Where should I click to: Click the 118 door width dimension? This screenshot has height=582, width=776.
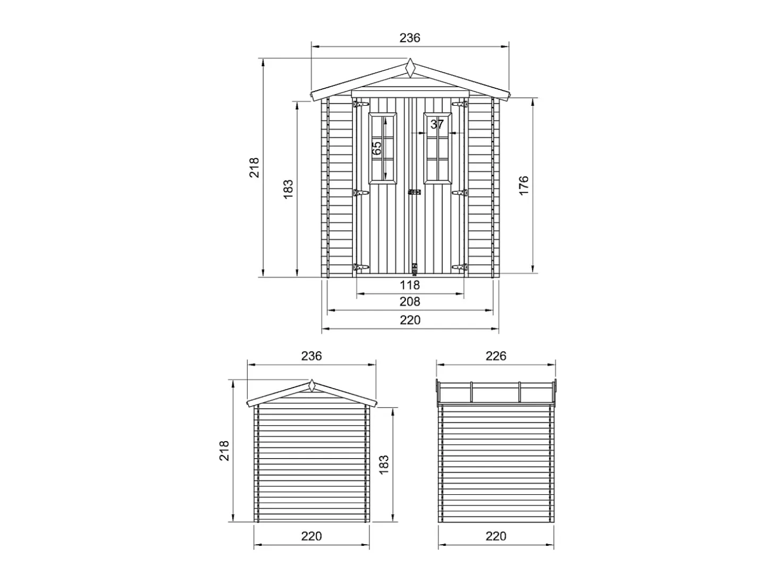[x=409, y=285]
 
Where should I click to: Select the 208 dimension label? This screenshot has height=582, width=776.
[x=410, y=301]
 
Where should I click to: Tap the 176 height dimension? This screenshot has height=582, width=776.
[x=523, y=185]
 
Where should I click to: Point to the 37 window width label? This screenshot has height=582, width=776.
[x=437, y=124]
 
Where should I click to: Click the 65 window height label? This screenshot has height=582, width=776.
[x=377, y=148]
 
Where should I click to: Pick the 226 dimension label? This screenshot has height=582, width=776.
[x=496, y=356]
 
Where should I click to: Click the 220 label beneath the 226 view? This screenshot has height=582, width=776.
[x=496, y=536]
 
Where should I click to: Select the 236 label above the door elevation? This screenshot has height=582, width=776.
[x=410, y=38]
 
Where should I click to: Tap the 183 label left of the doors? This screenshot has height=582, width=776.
[x=288, y=189]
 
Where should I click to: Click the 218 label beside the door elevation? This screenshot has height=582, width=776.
[x=254, y=167]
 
